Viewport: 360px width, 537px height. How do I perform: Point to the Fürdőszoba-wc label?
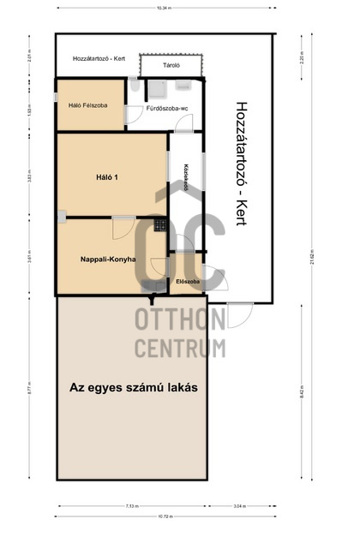[x=166, y=109]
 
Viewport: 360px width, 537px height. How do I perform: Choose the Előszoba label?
[x=187, y=281]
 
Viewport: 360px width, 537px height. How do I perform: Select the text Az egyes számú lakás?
[x=133, y=387]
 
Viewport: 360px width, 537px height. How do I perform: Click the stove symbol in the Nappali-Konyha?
[x=160, y=225]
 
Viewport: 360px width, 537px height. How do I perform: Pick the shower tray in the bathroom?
[x=157, y=89]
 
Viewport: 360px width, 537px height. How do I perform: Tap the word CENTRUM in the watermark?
[x=179, y=348]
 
